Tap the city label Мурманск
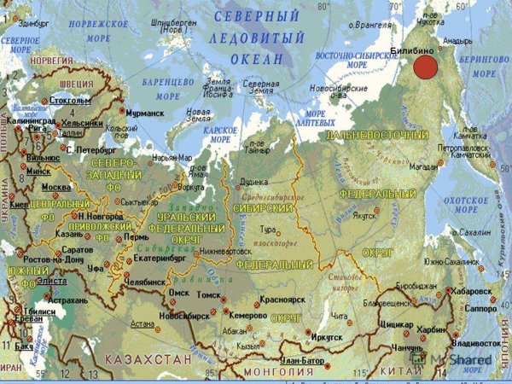(146, 112)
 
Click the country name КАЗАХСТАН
(149, 360)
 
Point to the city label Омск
(178, 292)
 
